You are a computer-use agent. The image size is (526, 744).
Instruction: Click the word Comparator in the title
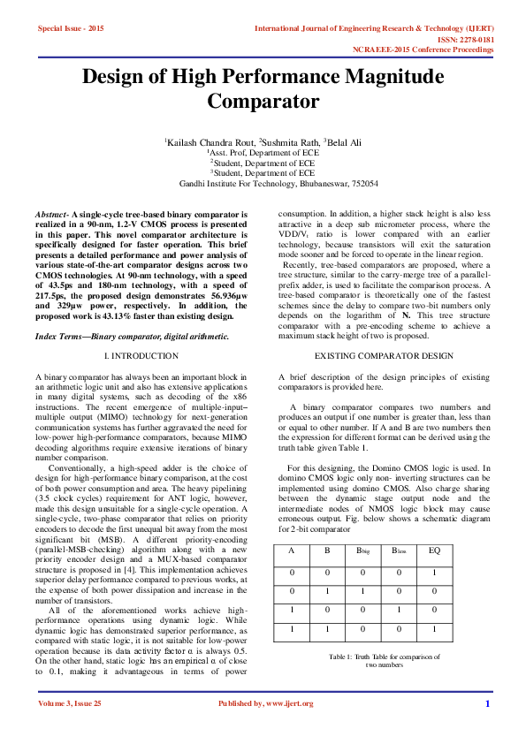263,102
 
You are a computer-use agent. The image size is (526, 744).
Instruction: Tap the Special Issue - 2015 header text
71,29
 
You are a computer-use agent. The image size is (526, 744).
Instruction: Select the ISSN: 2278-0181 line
463,40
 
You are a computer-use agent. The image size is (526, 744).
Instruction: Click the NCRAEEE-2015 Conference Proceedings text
423,49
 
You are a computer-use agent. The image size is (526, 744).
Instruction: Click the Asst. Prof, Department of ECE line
263,152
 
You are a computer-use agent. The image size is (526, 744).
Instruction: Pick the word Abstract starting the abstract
51,215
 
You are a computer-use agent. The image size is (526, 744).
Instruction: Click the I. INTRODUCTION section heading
141,355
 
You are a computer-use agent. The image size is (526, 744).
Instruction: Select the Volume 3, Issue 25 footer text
70,728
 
